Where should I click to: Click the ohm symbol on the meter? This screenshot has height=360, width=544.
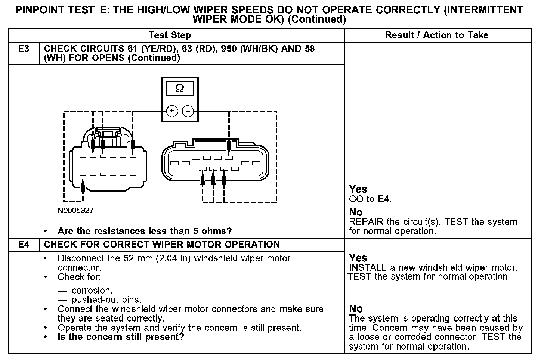coord(179,89)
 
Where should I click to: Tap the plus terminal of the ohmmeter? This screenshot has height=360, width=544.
coord(171,111)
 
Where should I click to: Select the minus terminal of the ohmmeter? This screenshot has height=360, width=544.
coord(188,111)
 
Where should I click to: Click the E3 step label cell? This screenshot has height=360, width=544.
coord(24,49)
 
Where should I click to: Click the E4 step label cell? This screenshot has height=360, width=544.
coord(24,245)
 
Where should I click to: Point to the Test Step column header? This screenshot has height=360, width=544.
coord(170,35)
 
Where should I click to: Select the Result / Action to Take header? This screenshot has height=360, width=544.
coord(437,35)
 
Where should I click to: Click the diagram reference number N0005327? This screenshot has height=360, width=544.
coord(75,211)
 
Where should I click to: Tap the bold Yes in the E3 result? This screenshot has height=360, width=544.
coord(358,189)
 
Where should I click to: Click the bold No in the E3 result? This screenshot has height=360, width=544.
coord(356,212)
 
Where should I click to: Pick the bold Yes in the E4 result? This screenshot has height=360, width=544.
coord(358,258)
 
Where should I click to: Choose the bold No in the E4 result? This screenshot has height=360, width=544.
coord(356,309)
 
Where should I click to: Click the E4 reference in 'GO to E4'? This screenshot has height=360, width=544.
coord(384,199)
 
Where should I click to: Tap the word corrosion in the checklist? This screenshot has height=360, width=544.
coord(92,291)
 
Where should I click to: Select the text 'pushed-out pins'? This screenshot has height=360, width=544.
coord(106,300)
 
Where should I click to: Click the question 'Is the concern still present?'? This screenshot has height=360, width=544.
coord(121,337)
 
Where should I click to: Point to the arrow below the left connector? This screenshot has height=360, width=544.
coord(83,186)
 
